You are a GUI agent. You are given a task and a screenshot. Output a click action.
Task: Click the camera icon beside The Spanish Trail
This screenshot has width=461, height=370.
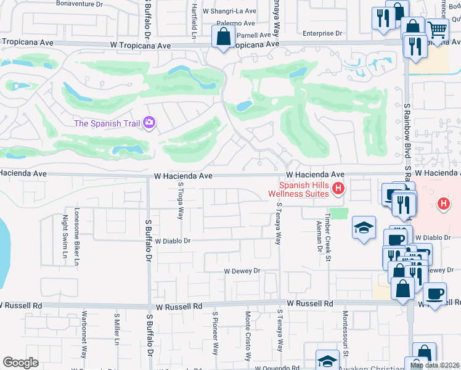tap(149, 123)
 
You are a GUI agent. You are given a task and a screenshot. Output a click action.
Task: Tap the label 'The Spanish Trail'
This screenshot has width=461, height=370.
tap(107, 123)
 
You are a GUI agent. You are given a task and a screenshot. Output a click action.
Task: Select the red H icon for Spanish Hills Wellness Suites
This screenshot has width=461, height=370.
tap(337, 189)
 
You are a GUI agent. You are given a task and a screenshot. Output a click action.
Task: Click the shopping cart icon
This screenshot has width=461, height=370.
tap(437, 29)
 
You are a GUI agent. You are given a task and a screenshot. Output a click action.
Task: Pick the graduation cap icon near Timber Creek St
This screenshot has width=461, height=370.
tap(364, 228)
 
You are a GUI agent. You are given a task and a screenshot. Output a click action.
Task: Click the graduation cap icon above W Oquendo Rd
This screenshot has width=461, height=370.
tap(327, 361)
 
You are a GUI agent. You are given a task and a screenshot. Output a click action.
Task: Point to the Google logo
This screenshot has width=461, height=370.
tap(20, 363)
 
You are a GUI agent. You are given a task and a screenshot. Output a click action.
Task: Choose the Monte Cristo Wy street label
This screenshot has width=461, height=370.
tap(248, 335)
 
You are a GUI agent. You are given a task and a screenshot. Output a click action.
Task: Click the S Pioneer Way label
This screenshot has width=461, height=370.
tap(215, 333)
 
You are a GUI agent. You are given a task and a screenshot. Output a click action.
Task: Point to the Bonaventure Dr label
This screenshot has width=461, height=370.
tap(79, 4)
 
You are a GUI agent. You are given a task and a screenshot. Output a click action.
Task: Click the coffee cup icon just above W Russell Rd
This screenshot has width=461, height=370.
tap(434, 294)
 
